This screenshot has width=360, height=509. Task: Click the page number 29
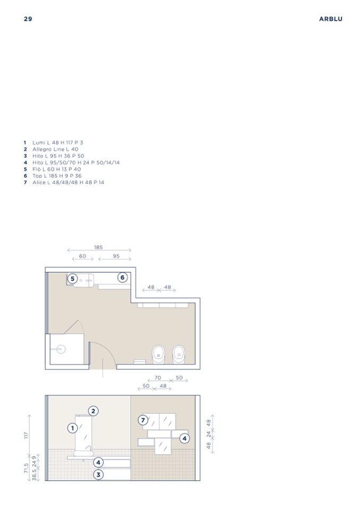(28, 19)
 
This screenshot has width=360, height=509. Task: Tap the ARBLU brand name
(330, 19)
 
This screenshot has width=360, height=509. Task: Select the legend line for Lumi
(54, 142)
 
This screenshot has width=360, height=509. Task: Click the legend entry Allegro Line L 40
(51, 149)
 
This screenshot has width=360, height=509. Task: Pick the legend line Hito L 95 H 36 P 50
(54, 156)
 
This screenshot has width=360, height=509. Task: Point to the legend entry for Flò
(52, 169)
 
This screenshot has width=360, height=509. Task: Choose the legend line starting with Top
(53, 176)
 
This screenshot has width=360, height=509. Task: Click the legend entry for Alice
(64, 183)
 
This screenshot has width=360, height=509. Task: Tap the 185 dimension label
(98, 247)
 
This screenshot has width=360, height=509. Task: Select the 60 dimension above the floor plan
(83, 256)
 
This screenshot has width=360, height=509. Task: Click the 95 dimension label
(116, 256)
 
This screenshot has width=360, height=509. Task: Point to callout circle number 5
(73, 279)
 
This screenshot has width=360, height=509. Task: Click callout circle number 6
(122, 278)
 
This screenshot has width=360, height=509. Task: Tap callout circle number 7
(143, 420)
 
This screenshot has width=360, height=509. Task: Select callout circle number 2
(93, 411)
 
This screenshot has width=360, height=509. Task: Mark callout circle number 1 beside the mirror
(72, 428)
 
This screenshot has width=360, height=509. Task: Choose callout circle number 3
(98, 475)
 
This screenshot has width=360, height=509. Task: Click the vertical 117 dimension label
(27, 435)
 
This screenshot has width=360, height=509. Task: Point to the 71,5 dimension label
(27, 468)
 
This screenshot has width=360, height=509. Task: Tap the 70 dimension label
(158, 378)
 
